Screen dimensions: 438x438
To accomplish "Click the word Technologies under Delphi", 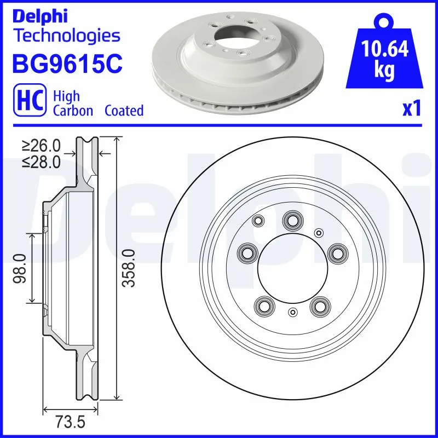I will tap(66, 36).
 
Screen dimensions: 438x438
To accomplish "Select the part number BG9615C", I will tap(67, 63).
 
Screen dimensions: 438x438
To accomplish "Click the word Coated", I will tap(124, 111).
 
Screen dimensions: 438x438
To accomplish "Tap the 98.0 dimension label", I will tap(20, 268).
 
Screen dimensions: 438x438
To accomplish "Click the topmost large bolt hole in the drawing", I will tap(291, 221).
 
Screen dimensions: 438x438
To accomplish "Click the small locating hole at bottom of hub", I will tap(292, 313).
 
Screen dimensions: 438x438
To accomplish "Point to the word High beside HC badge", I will tap(66, 96).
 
